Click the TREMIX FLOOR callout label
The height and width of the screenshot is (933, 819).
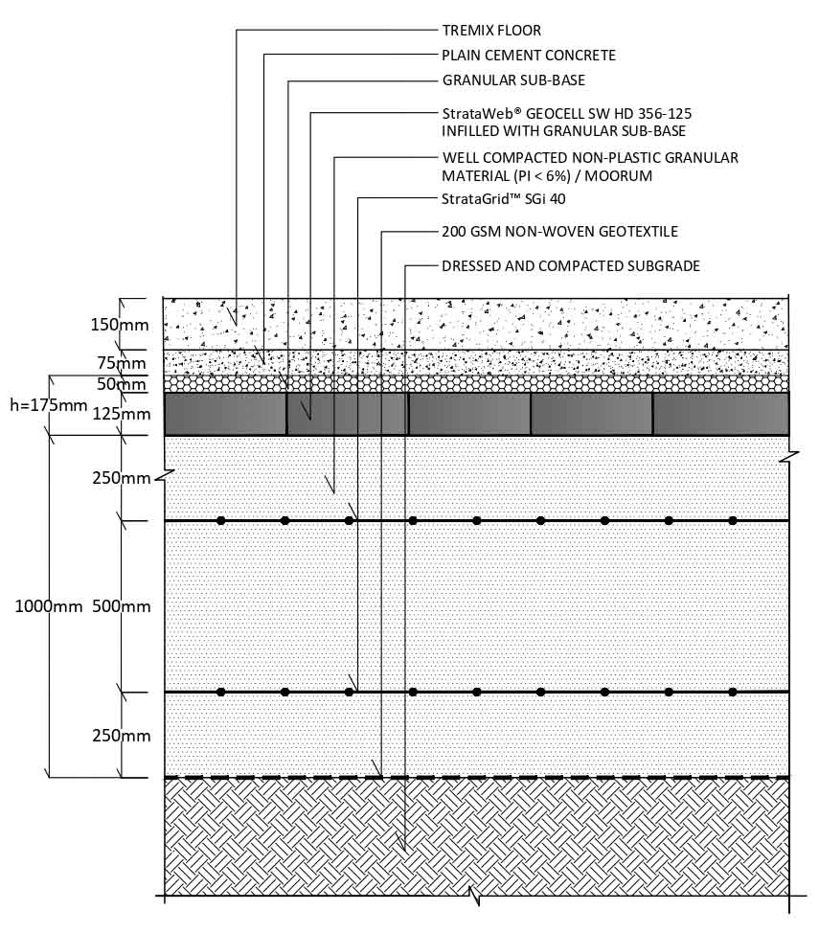491,31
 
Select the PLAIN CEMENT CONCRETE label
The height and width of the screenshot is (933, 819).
529,56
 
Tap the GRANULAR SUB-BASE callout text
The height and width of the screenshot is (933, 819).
513,80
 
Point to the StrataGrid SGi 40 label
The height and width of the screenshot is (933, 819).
504,198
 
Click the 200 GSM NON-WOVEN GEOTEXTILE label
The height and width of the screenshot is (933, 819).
559,232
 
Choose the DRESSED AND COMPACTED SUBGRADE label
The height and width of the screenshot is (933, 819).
571,266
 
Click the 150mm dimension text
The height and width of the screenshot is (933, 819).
120,325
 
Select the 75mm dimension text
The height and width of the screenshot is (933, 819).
122,363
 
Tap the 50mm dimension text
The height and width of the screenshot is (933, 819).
122,384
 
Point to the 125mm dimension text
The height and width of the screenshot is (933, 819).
122,414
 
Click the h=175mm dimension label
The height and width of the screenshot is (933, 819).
49,405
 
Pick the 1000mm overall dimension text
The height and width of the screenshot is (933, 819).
49,606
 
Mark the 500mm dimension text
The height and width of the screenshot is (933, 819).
122,606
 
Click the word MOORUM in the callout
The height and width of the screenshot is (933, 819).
619,176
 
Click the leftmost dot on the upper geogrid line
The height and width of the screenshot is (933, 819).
221,521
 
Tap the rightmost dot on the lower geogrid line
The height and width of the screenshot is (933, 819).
733,692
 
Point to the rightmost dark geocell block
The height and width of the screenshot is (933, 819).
721,414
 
